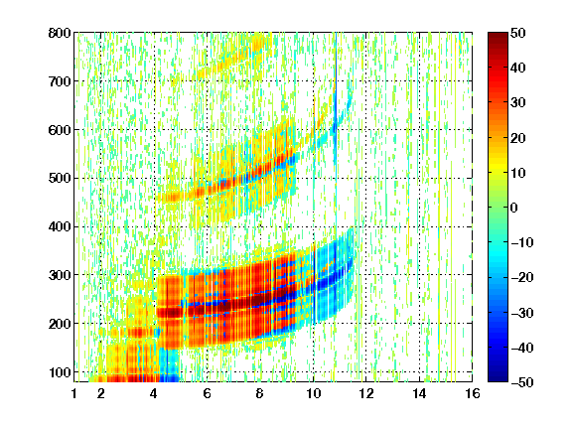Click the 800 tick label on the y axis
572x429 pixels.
coord(60,33)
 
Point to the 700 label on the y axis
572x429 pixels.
coord(60,81)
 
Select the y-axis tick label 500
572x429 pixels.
coord(60,179)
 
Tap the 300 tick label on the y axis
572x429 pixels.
coord(60,275)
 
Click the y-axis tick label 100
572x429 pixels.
coord(60,372)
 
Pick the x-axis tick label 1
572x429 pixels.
coord(74,393)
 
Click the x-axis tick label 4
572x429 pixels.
coord(154,393)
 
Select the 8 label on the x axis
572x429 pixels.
coord(259,393)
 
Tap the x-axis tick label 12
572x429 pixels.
coord(365,393)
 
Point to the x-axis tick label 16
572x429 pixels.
coord(473,393)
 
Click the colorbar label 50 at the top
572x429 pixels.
coord(517,33)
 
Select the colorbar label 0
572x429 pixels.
coord(514,208)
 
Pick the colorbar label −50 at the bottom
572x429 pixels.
coord(522,382)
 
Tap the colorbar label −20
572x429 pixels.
coord(522,277)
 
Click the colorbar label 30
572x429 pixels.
coord(517,102)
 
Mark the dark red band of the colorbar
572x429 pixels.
coord(498,42)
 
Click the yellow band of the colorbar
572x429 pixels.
coord(498,168)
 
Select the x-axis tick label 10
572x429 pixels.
coord(313,393)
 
